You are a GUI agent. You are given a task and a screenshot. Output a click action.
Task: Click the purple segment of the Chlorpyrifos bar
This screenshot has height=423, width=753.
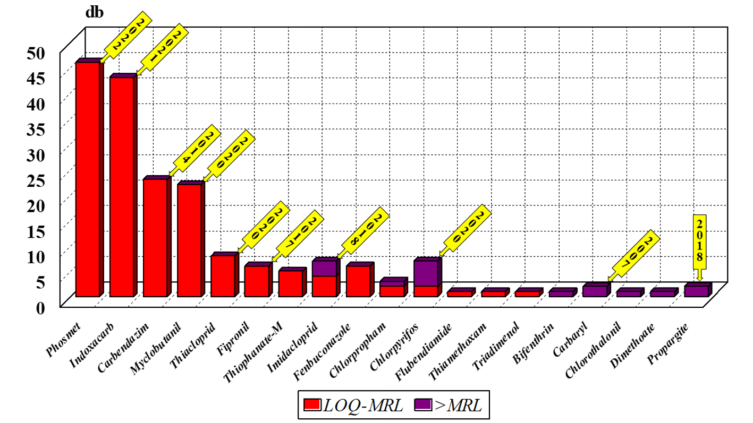point(425,273)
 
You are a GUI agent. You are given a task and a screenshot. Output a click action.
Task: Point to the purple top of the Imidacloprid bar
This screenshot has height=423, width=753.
point(324,268)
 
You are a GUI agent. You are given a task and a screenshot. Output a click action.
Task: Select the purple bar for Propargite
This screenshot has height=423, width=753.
point(696,291)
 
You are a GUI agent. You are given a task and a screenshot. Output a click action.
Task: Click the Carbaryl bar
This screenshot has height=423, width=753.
point(594,291)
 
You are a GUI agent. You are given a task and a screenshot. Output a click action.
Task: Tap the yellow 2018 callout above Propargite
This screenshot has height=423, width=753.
point(700,239)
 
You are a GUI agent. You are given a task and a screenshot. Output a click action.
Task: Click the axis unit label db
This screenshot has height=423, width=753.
point(95,13)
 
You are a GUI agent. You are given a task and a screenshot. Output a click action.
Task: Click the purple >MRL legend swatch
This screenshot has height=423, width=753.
point(424,405)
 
